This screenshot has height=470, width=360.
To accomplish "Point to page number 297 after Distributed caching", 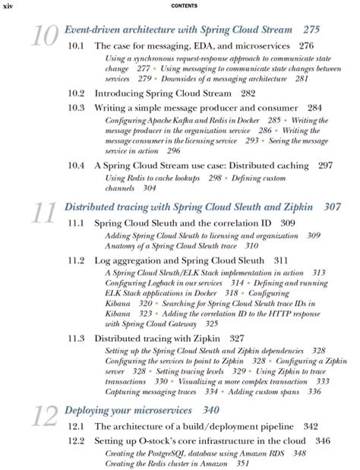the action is click(325, 165).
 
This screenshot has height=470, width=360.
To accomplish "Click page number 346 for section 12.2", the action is click(322, 441).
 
